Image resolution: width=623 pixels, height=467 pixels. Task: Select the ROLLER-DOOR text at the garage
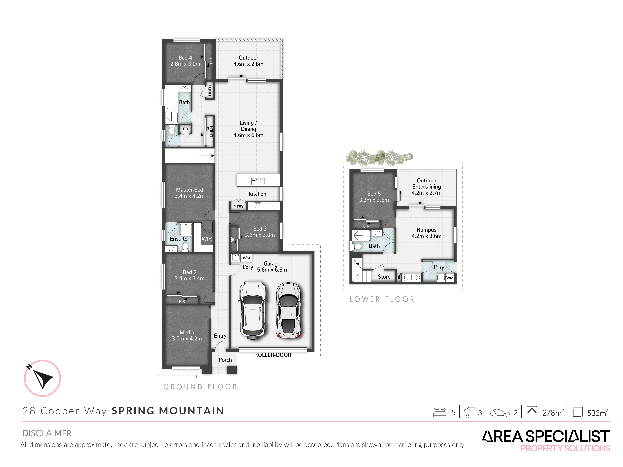click(x=273, y=355)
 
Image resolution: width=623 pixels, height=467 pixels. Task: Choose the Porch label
click(x=225, y=360)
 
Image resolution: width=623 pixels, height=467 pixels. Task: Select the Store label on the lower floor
click(x=384, y=277)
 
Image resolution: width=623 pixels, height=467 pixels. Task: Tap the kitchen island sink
click(x=258, y=182)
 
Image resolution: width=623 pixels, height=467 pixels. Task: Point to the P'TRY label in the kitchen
click(x=238, y=207)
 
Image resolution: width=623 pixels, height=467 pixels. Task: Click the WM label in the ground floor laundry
click(x=246, y=258)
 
